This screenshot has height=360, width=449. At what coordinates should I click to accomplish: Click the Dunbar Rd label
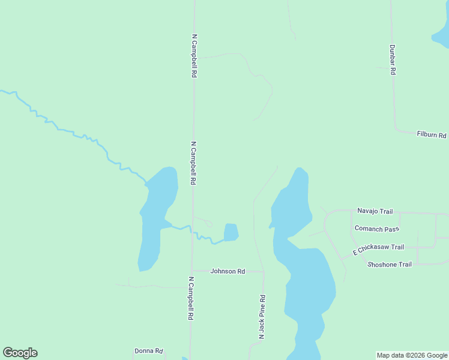point(393,59)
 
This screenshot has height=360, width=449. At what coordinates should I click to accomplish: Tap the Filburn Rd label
point(432,135)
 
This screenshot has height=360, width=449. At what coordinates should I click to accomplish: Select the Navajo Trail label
point(375,211)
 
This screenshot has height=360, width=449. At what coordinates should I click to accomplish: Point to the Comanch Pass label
point(377,229)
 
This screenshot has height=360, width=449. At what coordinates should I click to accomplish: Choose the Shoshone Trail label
point(390,264)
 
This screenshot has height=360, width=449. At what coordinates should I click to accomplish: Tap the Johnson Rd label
point(228,271)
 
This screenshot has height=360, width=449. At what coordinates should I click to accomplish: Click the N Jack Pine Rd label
point(262,317)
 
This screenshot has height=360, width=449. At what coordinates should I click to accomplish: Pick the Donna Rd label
point(148,351)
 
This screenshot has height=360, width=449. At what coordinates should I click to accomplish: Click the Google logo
point(20,353)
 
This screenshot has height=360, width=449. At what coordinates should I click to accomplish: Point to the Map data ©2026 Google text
point(412,355)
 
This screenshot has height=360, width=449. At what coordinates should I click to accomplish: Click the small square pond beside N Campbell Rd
point(231,232)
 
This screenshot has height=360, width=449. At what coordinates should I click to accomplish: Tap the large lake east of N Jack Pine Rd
point(306,282)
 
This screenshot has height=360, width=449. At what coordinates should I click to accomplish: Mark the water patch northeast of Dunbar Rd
point(441,33)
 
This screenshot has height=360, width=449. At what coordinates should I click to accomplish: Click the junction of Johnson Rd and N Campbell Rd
point(191,271)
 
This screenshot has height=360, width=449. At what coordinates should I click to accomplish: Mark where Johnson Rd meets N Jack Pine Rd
point(264,272)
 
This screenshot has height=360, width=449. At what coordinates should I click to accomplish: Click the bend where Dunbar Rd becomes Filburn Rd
point(396,128)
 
